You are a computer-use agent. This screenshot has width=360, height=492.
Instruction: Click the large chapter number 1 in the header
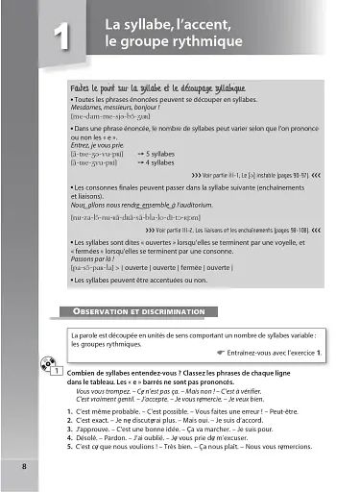[58, 38]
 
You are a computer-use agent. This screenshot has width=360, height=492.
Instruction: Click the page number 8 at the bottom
[24, 466]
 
